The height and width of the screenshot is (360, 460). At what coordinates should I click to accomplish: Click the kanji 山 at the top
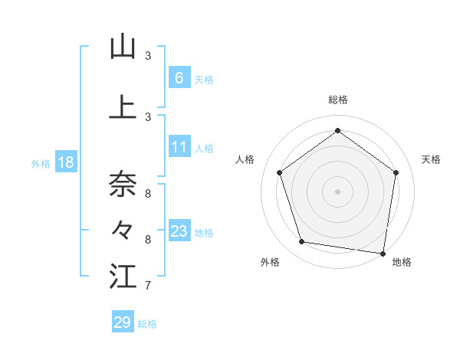coord(123,47)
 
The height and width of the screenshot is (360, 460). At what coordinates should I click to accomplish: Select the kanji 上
coord(123,107)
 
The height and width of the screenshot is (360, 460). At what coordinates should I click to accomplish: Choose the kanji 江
coord(123,277)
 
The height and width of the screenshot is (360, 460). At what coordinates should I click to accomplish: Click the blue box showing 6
coord(179,77)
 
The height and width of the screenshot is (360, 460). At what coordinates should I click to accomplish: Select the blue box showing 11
coord(179,147)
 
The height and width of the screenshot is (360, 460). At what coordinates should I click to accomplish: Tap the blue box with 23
coord(179,231)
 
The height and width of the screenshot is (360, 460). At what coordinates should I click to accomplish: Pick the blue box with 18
coord(65,162)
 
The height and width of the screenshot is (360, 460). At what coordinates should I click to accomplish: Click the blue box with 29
coord(123,322)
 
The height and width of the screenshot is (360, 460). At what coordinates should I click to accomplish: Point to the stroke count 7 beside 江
coord(147,286)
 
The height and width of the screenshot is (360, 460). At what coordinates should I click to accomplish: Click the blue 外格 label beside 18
coord(41,163)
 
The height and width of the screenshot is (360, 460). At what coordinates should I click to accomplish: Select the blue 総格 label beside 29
coord(147,324)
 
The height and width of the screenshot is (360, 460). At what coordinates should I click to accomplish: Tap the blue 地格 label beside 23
coord(205,232)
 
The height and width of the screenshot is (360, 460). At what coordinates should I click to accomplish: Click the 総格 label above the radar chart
coord(337,100)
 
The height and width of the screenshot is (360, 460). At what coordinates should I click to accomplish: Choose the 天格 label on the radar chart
coord(431,159)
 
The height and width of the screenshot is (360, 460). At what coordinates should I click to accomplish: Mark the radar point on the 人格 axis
coord(280,173)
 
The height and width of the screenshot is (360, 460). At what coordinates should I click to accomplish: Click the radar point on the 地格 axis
coord(383,253)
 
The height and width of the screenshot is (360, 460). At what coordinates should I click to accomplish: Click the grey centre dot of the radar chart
coord(337,191)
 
